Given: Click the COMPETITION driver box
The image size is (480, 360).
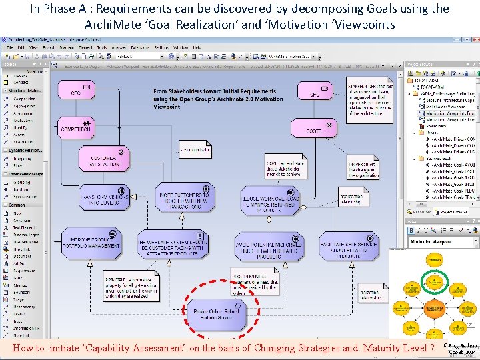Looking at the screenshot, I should [75, 128].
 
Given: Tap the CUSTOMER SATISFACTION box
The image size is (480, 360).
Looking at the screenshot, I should [104, 158].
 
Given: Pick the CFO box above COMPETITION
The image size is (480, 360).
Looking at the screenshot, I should [76, 91].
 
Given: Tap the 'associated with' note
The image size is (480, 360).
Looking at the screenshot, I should [195, 151].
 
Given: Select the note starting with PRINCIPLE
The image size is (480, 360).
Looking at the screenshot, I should [130, 285].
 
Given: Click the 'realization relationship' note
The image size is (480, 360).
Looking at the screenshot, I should [372, 293].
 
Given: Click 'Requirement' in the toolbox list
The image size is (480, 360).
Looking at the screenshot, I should [25, 271].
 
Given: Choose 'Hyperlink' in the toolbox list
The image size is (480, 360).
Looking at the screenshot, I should [22, 249].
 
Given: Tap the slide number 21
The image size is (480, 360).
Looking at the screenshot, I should [469, 325].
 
